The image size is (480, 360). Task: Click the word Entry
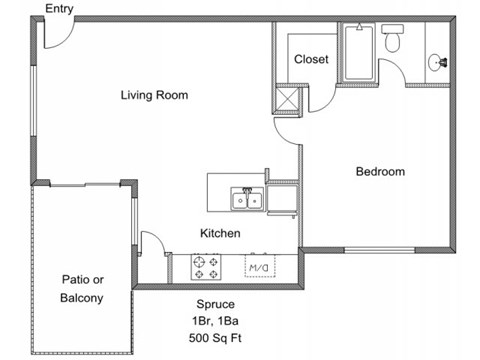tap(59, 9)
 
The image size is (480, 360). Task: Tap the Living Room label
tap(154, 95)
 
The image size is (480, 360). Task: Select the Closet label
tap(311, 59)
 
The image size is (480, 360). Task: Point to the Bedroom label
tap(380, 171)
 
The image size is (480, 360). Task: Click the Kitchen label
tap(220, 233)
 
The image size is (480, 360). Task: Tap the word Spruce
tap(215, 304)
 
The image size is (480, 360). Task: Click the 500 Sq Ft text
tap(215, 338)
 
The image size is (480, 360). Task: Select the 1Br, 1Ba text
tap(215, 321)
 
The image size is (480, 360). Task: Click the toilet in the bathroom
tap(393, 37)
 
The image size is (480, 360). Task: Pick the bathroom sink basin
tap(435, 62)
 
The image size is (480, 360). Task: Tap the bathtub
tap(359, 52)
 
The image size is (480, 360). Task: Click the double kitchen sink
tap(247, 199)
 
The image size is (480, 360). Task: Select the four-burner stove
tap(206, 267)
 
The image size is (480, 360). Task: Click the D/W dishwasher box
tap(260, 266)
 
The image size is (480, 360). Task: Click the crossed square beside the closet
tap(288, 99)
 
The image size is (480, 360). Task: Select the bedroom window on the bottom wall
tap(379, 250)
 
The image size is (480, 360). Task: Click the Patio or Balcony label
tap(82, 289)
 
